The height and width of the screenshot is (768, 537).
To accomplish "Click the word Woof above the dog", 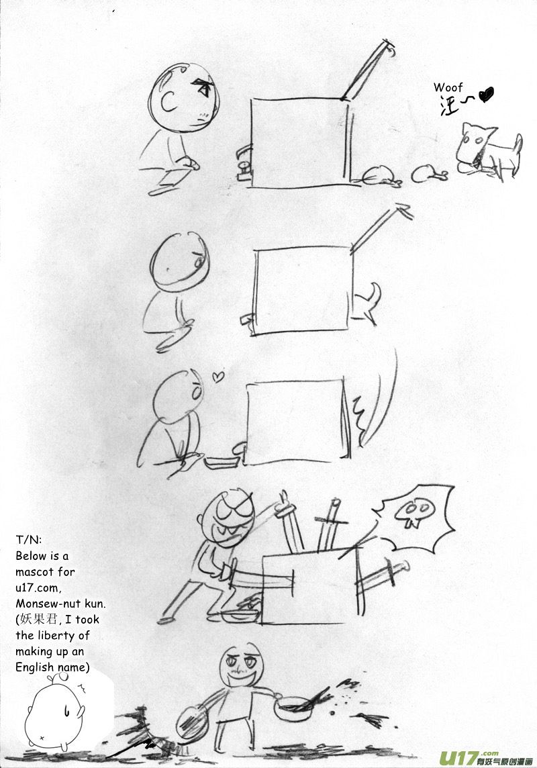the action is pyautogui.click(x=448, y=88).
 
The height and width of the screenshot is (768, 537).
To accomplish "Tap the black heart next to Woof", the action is pyautogui.click(x=485, y=94).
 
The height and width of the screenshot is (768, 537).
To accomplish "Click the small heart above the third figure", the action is pyautogui.click(x=218, y=376).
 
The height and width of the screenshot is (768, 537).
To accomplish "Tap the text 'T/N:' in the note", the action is pyautogui.click(x=28, y=540).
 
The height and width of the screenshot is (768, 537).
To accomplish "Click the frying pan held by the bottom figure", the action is pyautogui.click(x=294, y=707).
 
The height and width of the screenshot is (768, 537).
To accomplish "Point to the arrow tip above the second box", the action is pyautogui.click(x=403, y=209).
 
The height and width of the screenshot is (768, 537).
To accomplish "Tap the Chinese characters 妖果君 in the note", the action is pyautogui.click(x=38, y=620).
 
